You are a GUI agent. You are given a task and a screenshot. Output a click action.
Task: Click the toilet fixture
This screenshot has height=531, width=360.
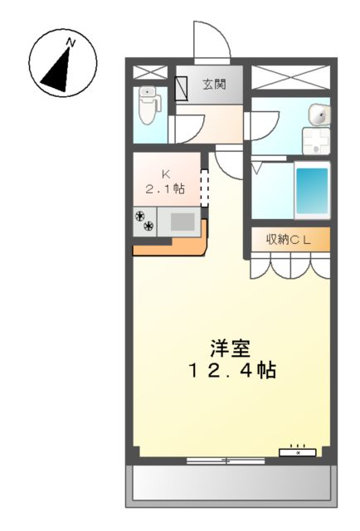148,107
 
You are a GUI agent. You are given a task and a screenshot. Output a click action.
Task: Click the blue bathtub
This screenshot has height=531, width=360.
312,190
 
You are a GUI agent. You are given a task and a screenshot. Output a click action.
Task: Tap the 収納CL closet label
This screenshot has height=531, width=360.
287,239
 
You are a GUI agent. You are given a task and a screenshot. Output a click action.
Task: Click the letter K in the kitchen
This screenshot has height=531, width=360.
165,173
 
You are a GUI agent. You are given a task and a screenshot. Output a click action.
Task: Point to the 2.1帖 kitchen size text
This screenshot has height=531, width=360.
166,189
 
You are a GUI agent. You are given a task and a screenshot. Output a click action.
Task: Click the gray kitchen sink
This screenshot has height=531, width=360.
182,221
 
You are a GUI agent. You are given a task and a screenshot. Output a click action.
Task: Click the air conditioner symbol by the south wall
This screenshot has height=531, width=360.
298,452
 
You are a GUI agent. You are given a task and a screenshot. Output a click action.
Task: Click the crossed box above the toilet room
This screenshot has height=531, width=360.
150,71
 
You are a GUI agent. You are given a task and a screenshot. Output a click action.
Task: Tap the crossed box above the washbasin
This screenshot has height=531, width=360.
289,76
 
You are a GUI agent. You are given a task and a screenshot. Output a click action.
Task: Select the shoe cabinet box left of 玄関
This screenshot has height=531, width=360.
182,83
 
